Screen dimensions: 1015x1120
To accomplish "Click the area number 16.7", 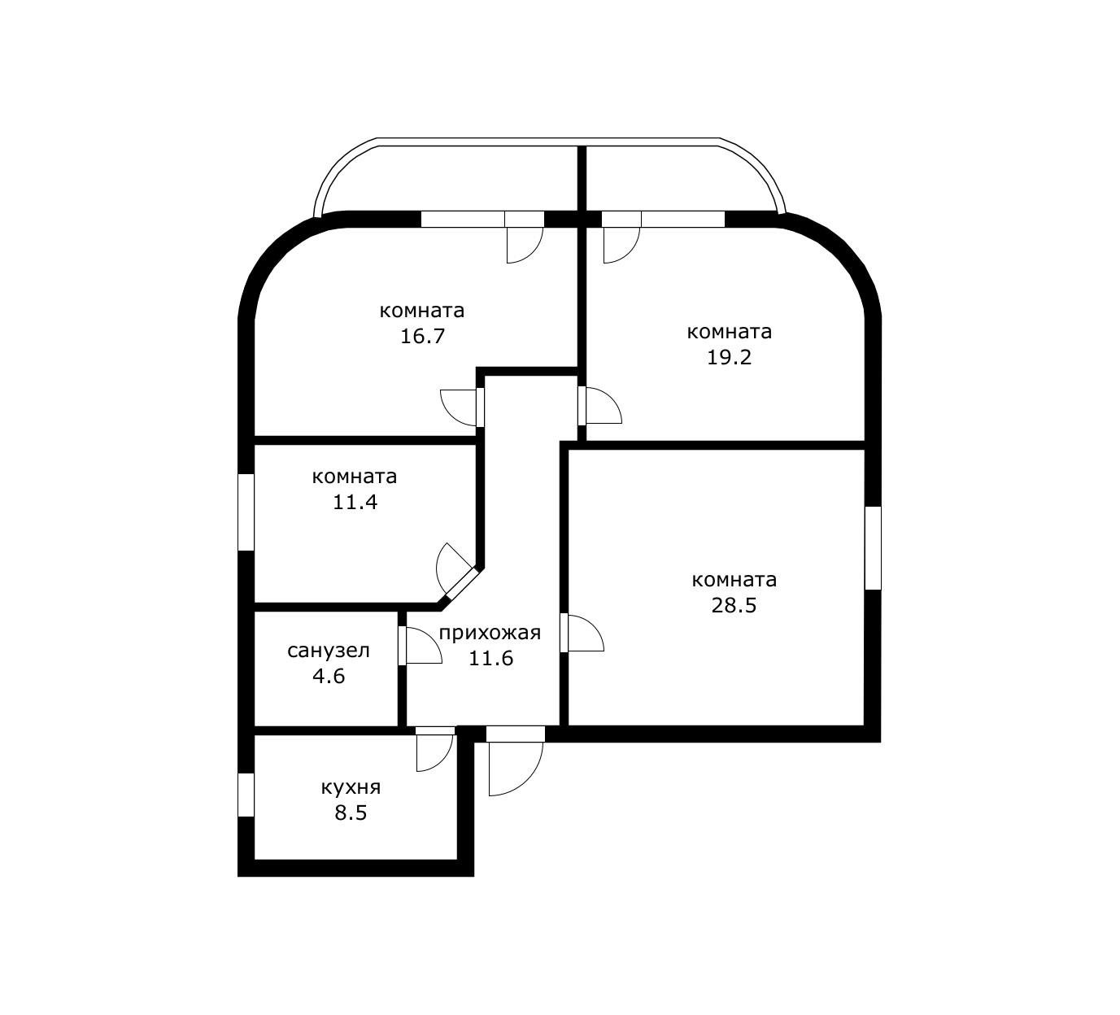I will (422, 337).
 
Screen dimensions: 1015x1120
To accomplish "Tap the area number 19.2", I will (729, 358).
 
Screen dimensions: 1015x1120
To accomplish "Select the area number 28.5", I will (734, 606).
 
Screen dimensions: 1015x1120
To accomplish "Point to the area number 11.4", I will (355, 503).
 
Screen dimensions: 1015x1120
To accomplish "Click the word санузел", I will (329, 651).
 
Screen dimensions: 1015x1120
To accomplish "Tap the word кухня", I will (351, 787).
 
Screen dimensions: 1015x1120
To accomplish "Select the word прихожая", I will (490, 633).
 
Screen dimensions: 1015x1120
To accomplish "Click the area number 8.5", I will (351, 812).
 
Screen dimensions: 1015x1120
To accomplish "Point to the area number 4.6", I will (329, 676).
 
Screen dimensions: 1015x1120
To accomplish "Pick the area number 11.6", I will (490, 659).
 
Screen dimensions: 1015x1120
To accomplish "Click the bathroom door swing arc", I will (423, 646).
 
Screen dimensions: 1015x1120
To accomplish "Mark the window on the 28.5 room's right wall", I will (873, 547).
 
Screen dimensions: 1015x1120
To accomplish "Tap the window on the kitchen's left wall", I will (246, 794).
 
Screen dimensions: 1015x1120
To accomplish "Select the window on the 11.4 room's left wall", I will (246, 512).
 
